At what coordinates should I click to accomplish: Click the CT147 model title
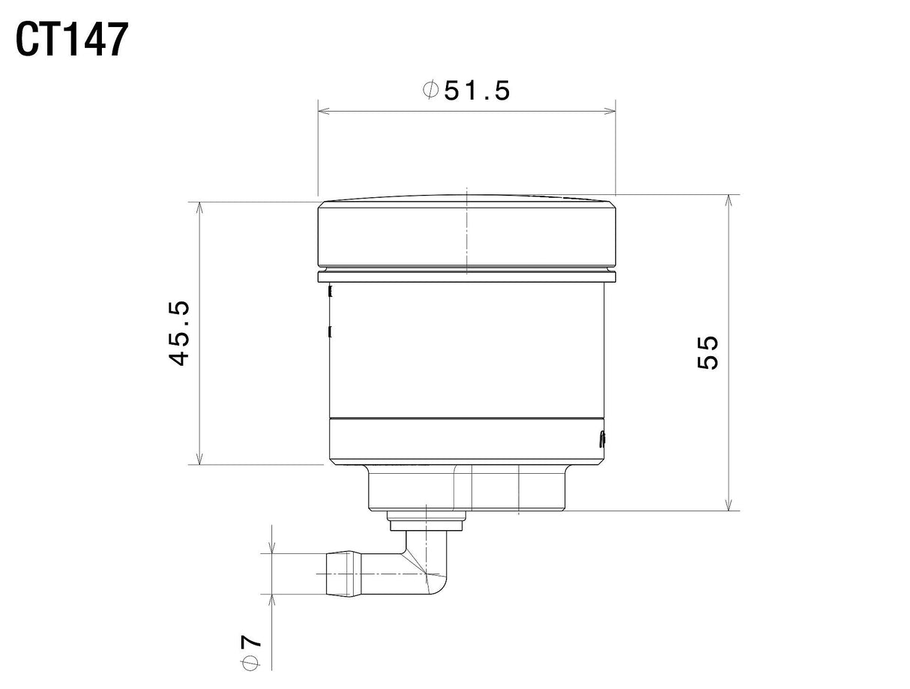[x=72, y=40]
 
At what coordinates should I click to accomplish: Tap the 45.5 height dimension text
[x=180, y=333]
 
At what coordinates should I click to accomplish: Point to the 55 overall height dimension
[x=707, y=352]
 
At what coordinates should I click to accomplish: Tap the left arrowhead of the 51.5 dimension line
[x=323, y=111]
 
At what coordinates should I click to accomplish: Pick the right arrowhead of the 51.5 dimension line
[x=610, y=111]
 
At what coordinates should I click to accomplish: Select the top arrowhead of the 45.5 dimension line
[x=200, y=208]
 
